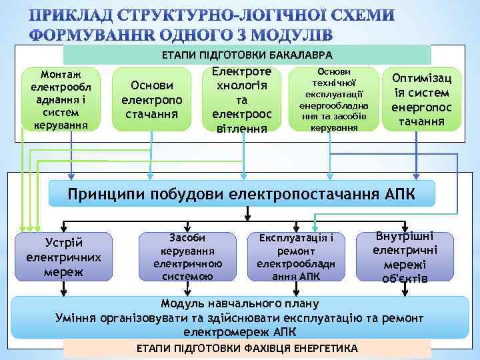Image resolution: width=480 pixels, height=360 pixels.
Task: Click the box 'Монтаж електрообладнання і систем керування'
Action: click(60, 98)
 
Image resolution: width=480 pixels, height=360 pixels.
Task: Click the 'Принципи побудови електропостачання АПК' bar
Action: click(243, 194)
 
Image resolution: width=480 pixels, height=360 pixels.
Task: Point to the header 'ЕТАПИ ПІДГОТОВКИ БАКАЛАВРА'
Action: click(247, 55)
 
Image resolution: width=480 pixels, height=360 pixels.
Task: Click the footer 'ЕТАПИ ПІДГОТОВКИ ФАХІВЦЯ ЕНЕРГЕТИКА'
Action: click(247, 349)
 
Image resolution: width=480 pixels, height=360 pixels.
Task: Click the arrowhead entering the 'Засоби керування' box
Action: click(187, 228)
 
